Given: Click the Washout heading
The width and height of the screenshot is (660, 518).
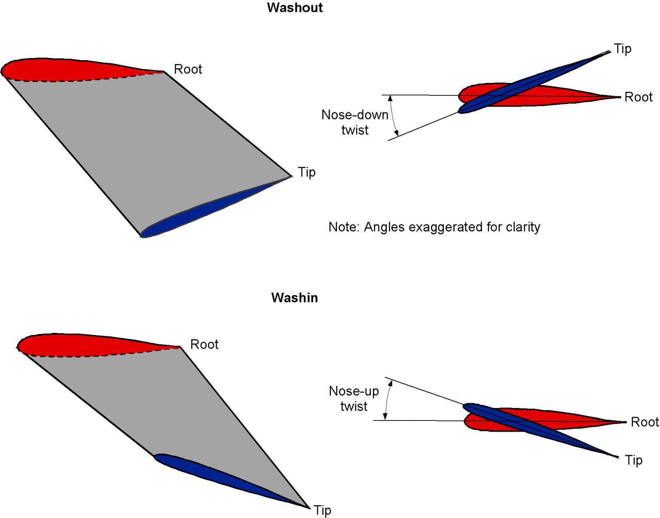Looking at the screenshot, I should (x=294, y=8).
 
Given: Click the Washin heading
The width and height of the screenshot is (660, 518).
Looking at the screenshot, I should (x=294, y=298).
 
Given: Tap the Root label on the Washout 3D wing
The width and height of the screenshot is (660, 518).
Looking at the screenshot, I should (x=188, y=69).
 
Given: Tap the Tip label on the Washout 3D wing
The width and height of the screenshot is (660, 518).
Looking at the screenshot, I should (x=306, y=172).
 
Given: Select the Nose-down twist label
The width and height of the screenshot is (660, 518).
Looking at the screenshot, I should (x=354, y=122).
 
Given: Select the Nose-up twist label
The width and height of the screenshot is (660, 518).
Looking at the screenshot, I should (x=354, y=399).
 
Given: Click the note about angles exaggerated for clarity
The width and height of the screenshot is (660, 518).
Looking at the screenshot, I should (x=434, y=227).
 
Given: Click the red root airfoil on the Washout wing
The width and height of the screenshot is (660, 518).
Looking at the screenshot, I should (x=64, y=69).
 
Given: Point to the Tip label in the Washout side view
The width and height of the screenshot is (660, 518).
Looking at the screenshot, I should (x=622, y=49).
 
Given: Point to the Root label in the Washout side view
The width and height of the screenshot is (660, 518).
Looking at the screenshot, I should (x=638, y=97).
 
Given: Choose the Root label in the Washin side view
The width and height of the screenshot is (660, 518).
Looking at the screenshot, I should (x=645, y=422).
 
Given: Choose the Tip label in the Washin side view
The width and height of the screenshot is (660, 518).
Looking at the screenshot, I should (x=634, y=460).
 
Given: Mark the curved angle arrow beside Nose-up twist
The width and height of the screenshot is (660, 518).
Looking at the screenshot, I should (x=387, y=399).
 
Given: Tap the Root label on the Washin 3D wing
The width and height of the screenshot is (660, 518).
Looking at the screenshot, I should (x=204, y=344).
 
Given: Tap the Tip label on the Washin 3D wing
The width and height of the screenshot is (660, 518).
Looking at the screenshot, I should (x=322, y=510).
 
